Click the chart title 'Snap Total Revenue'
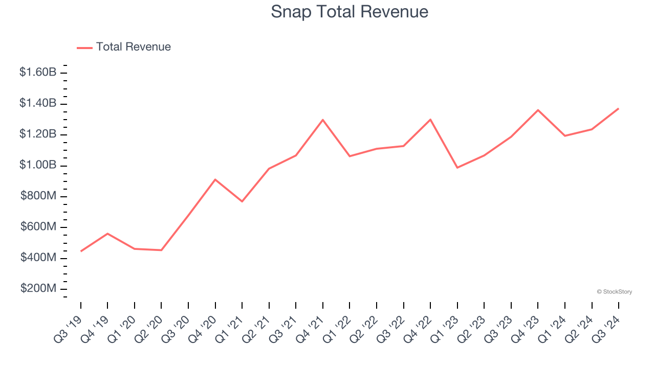[x=350, y=11]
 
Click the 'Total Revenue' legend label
[x=133, y=47]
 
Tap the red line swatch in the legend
[x=84, y=48]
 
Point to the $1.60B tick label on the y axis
[x=38, y=72]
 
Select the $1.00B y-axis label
[x=38, y=165]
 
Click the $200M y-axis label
[x=38, y=288]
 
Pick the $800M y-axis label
[x=38, y=196]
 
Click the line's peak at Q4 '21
[x=323, y=120]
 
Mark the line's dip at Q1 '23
[x=457, y=168]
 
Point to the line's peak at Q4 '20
[x=215, y=179]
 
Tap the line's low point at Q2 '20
[x=161, y=250]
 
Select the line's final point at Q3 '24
[x=618, y=108]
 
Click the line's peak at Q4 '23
[x=538, y=110]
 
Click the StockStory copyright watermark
[x=614, y=292]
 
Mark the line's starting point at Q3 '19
[x=81, y=251]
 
